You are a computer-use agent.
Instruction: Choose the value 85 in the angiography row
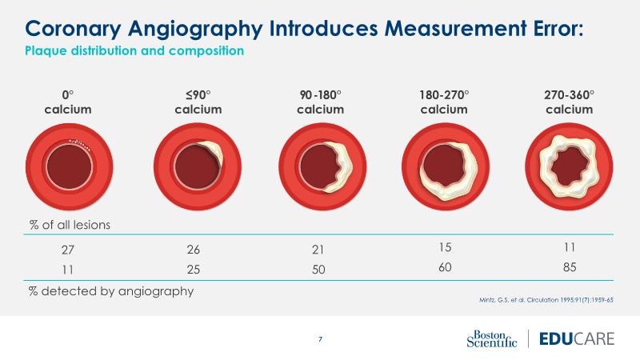(570, 266)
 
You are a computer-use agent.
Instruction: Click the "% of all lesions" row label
(70, 225)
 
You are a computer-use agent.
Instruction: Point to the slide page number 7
(320, 339)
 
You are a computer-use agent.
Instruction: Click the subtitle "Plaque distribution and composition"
(134, 51)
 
